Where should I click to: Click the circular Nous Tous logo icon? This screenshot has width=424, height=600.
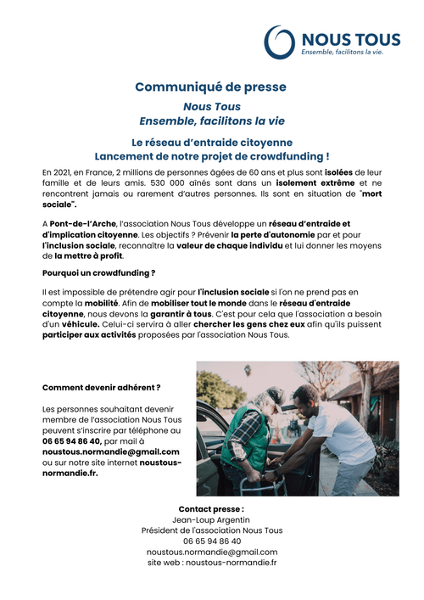280,41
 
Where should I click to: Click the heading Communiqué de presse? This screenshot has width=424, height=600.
211,87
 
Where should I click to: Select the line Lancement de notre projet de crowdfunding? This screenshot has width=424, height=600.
212,156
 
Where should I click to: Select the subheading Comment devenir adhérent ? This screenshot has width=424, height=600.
101,387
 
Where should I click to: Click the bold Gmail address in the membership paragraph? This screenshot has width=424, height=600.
110,452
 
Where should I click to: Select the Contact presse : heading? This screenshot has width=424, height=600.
212,508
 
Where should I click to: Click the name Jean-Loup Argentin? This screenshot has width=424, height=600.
212,519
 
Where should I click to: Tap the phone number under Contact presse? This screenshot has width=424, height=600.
212,541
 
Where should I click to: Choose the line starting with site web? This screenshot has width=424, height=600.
212,562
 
